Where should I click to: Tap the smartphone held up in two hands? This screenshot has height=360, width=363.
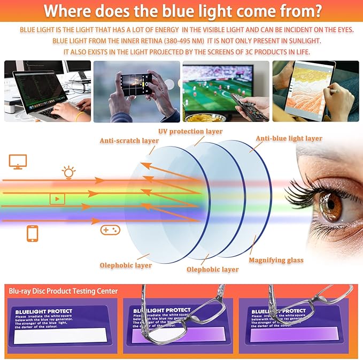(x=136, y=85)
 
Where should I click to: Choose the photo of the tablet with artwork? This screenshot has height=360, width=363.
(x=315, y=90)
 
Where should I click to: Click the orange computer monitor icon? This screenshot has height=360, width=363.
(x=17, y=162)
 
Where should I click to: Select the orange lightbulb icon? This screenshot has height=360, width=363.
(x=68, y=172)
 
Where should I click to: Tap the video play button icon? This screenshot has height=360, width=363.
(x=57, y=199)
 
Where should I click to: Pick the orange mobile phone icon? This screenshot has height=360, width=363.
(x=33, y=234)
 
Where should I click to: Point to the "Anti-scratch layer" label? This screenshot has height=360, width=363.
(x=129, y=141)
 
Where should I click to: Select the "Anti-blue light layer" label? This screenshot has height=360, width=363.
(x=289, y=138)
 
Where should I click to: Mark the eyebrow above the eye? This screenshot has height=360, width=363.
(x=331, y=160)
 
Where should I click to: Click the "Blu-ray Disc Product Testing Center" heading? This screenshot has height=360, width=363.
(x=63, y=291)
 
